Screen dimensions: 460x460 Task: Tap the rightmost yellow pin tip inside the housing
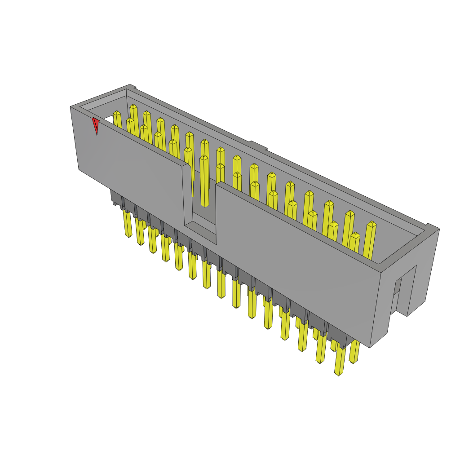[x=371, y=240]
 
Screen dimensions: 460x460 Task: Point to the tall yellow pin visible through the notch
[x=204, y=180]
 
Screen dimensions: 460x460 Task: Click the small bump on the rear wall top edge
[x=259, y=146]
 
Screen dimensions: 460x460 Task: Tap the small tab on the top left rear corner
[x=131, y=86]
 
